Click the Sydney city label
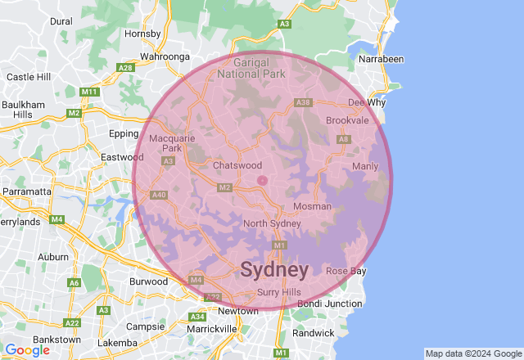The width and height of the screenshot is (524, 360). (x=274, y=270)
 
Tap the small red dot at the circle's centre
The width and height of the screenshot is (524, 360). (x=262, y=180)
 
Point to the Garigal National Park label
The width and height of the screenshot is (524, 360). (x=251, y=67)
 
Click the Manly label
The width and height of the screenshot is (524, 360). (x=365, y=166)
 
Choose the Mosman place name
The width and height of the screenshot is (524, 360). (x=312, y=206)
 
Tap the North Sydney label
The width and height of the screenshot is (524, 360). (x=273, y=224)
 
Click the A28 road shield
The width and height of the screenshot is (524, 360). (x=126, y=67)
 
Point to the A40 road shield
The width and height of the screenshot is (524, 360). (x=159, y=195)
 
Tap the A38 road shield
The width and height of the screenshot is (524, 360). (x=304, y=102)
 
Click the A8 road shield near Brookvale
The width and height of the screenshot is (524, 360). (x=344, y=140)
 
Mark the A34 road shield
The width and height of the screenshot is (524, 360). (x=197, y=317)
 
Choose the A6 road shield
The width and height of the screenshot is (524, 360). (x=75, y=283)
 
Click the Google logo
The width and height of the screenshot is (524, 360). (x=26, y=349)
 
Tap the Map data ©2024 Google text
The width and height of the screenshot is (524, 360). (x=472, y=353)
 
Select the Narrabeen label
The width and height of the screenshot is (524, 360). (x=381, y=59)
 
